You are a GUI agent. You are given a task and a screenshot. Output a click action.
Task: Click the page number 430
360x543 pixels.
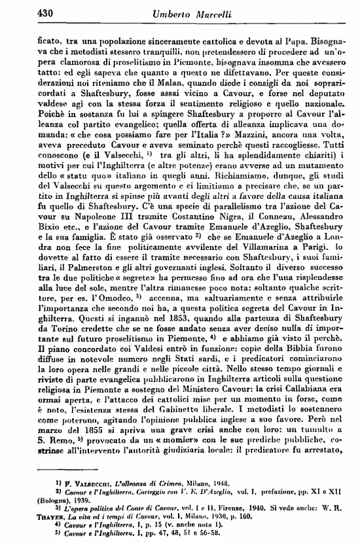click(x=46, y=12)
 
